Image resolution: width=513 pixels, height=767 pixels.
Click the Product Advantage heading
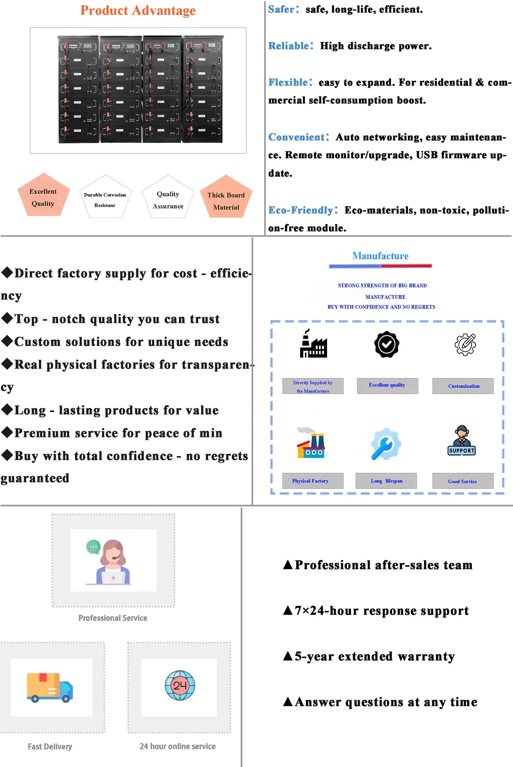[x=138, y=10]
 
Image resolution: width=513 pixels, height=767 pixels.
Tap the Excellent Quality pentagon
[x=44, y=195]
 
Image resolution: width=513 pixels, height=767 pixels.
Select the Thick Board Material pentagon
[x=226, y=196]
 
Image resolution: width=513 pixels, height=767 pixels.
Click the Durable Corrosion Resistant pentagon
[x=106, y=197]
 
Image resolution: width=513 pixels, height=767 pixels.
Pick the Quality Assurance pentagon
[x=168, y=197]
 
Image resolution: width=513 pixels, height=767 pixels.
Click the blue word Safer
[x=282, y=9]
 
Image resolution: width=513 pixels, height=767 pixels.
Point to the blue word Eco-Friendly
[x=301, y=210]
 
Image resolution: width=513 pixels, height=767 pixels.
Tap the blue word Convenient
[x=296, y=137]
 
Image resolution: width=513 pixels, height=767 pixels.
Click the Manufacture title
[x=380, y=256]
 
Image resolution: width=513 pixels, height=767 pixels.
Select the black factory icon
[x=313, y=344]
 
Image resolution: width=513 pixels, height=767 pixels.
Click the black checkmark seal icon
[x=387, y=344]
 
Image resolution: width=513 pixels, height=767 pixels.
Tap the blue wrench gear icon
[x=386, y=444]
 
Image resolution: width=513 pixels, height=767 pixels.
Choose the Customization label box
[x=463, y=386]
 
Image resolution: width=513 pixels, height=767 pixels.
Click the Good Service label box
[x=463, y=481]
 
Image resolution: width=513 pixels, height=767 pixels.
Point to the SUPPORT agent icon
[x=462, y=440]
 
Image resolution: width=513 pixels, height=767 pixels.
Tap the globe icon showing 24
[x=180, y=686]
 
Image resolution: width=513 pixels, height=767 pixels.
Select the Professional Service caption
[x=113, y=618]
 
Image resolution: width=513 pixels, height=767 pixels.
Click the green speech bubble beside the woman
[x=93, y=547]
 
